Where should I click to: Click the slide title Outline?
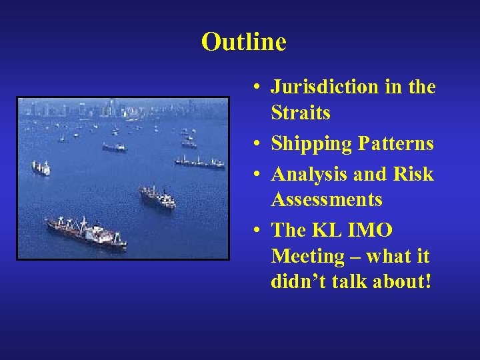pyautogui.click(x=243, y=42)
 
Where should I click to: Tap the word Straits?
pyautogui.click(x=301, y=113)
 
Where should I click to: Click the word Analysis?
pyautogui.click(x=310, y=174)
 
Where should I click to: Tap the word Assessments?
pyautogui.click(x=327, y=199)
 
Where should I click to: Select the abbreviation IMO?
pyautogui.click(x=370, y=230)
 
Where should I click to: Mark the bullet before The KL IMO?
pyautogui.click(x=257, y=231)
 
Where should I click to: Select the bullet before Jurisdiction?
pyautogui.click(x=257, y=87)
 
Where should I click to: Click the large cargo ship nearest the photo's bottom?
pyautogui.click(x=86, y=233)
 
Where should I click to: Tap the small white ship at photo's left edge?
pyautogui.click(x=41, y=167)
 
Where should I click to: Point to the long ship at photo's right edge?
pyautogui.click(x=199, y=162)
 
